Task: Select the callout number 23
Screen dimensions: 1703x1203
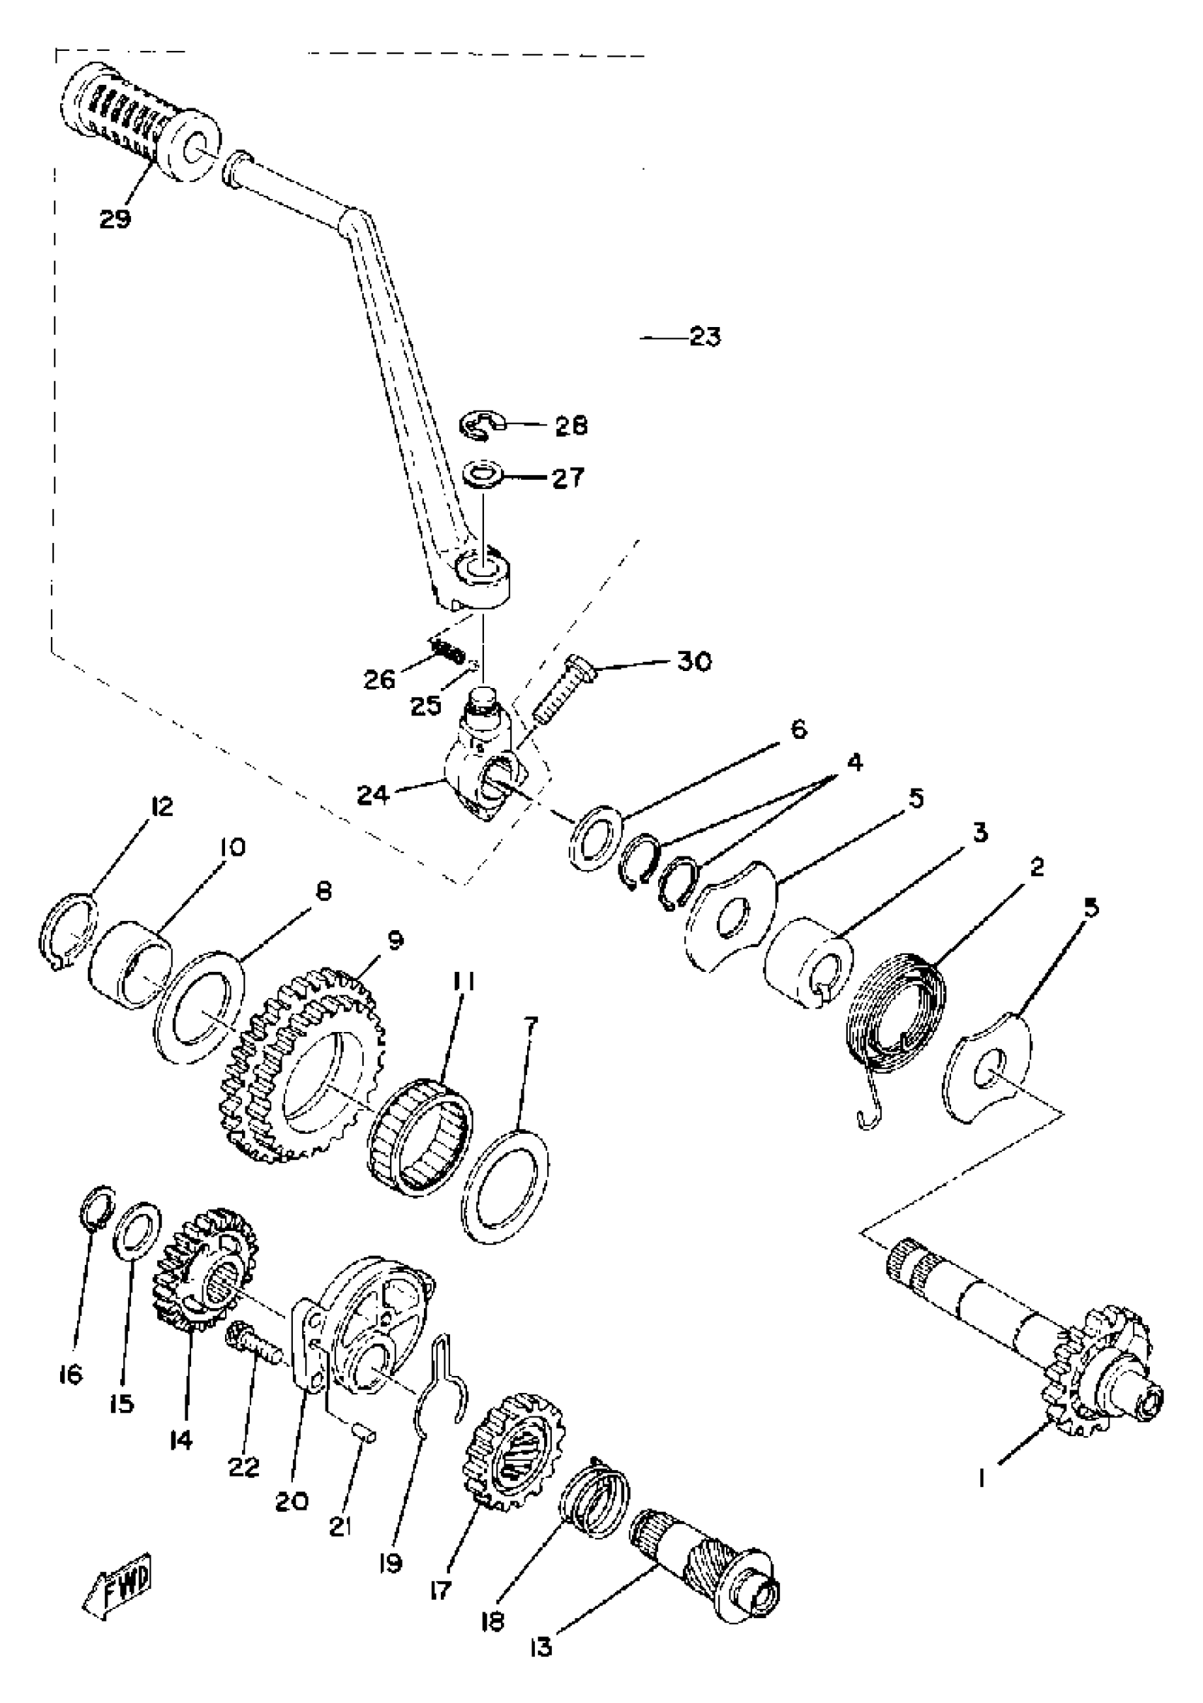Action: pyautogui.click(x=705, y=338)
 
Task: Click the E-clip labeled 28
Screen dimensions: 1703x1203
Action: pyautogui.click(x=480, y=425)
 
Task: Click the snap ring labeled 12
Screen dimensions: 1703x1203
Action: pyautogui.click(x=67, y=931)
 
